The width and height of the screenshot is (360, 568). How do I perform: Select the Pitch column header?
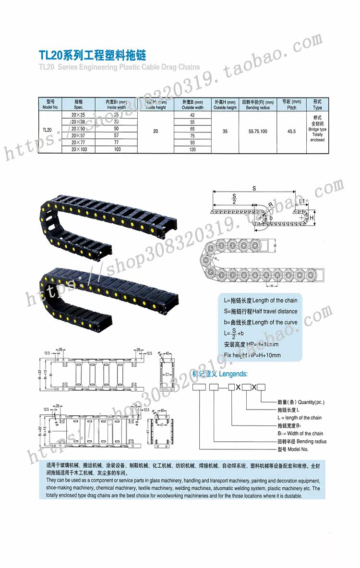[x=291, y=105]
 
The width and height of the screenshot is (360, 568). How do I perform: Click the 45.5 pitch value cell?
[x=291, y=131]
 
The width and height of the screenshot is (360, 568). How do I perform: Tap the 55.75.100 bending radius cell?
[x=258, y=131]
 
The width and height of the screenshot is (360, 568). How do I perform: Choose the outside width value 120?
[x=192, y=150]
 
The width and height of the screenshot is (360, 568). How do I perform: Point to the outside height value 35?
[x=225, y=131]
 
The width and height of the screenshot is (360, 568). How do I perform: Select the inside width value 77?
[x=116, y=143]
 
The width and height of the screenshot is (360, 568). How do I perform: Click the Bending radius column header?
[x=258, y=105]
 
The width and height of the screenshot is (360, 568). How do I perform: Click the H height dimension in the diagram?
[x=311, y=218]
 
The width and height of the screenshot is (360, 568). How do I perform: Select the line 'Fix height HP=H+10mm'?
[x=252, y=355]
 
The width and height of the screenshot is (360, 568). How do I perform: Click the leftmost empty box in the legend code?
[x=199, y=387]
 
